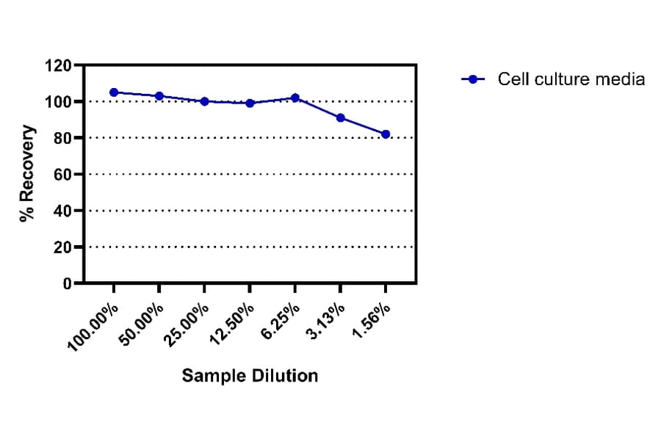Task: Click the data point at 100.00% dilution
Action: tap(114, 92)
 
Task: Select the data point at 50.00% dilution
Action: tap(159, 96)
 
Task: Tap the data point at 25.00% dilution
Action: tap(204, 101)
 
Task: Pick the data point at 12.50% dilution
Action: tap(250, 103)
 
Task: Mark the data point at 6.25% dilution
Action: tap(295, 98)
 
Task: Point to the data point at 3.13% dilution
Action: tap(340, 117)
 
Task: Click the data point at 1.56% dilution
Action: tap(386, 134)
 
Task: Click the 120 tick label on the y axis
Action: tap(58, 66)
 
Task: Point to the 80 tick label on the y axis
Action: tap(62, 138)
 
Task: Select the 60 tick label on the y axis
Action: tap(62, 175)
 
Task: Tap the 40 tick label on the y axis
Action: tap(62, 211)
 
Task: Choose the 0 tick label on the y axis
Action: tap(67, 283)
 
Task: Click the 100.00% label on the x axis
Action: tap(93, 323)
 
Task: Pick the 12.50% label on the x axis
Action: tap(233, 321)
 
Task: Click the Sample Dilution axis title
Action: tap(250, 376)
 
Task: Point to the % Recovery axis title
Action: tap(27, 174)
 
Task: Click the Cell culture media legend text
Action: tap(571, 79)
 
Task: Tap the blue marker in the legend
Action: tap(474, 79)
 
